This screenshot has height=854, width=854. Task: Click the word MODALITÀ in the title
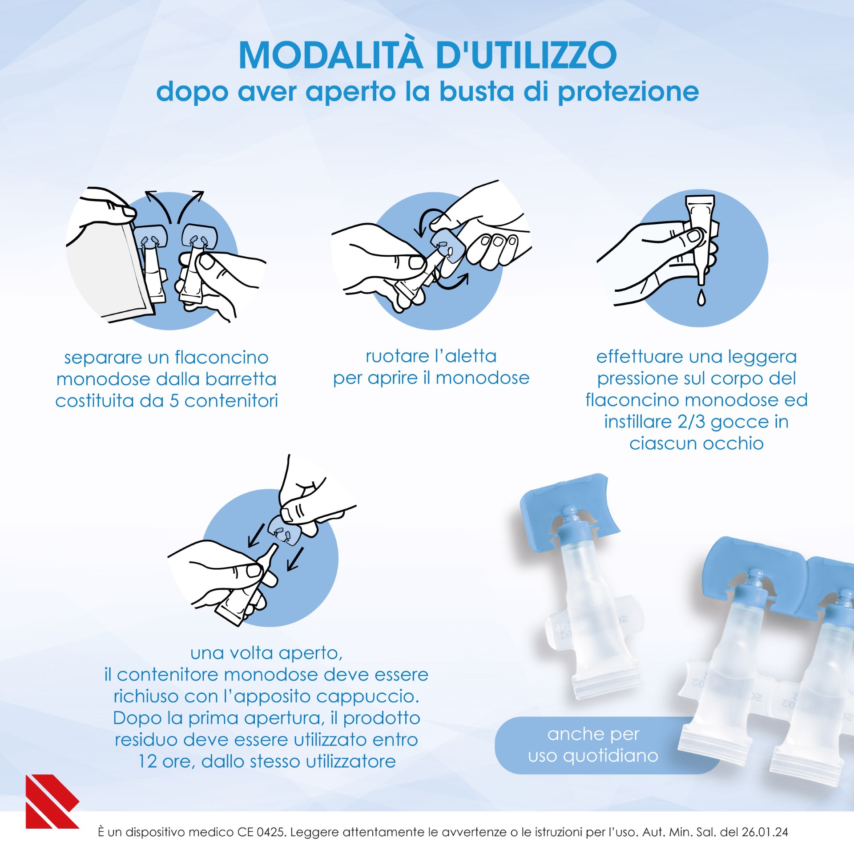click(330, 56)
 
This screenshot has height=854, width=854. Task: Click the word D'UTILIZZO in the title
click(526, 56)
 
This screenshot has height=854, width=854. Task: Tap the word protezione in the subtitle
click(628, 92)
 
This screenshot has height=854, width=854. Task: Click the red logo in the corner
click(51, 802)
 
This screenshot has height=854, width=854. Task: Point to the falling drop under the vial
click(701, 298)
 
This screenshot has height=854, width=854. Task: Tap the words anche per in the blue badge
click(593, 734)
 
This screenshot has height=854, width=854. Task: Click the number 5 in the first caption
click(174, 401)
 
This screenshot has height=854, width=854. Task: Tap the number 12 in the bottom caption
click(147, 761)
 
